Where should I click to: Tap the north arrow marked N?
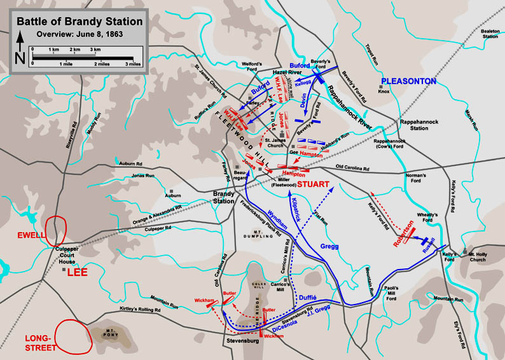[x=20, y=51]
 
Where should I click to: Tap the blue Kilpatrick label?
[x=298, y=208]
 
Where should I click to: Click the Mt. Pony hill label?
[x=105, y=332]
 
